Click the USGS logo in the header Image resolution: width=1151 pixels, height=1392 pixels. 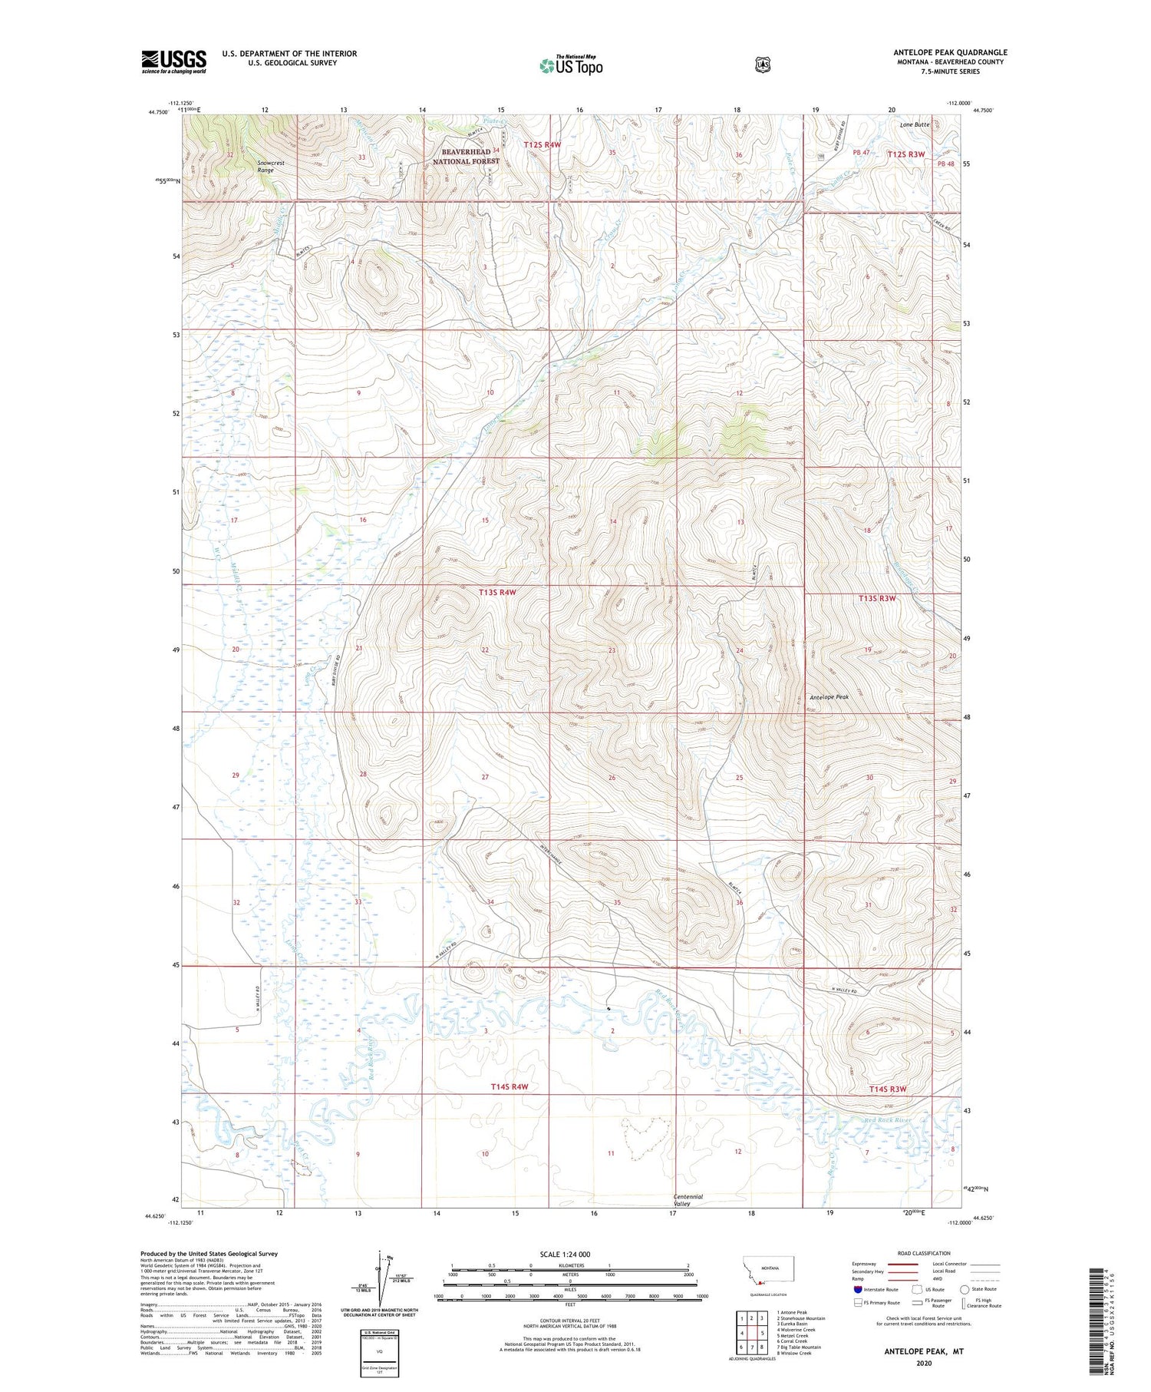173,61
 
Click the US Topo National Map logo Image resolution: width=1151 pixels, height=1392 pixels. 571,64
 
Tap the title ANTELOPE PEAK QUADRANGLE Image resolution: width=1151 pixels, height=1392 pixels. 950,52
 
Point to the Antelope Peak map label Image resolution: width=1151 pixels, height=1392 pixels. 829,697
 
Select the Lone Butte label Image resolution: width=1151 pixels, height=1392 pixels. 915,124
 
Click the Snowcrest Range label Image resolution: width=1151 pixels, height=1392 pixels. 265,167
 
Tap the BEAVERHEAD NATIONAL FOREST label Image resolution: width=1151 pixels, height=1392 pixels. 466,157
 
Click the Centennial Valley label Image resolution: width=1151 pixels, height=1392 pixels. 688,1200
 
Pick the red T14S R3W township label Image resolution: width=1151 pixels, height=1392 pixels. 888,1089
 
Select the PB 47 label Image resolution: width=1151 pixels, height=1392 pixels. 860,153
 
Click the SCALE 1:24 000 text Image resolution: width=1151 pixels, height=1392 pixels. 565,1254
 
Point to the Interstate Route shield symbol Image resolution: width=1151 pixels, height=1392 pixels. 858,1289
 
